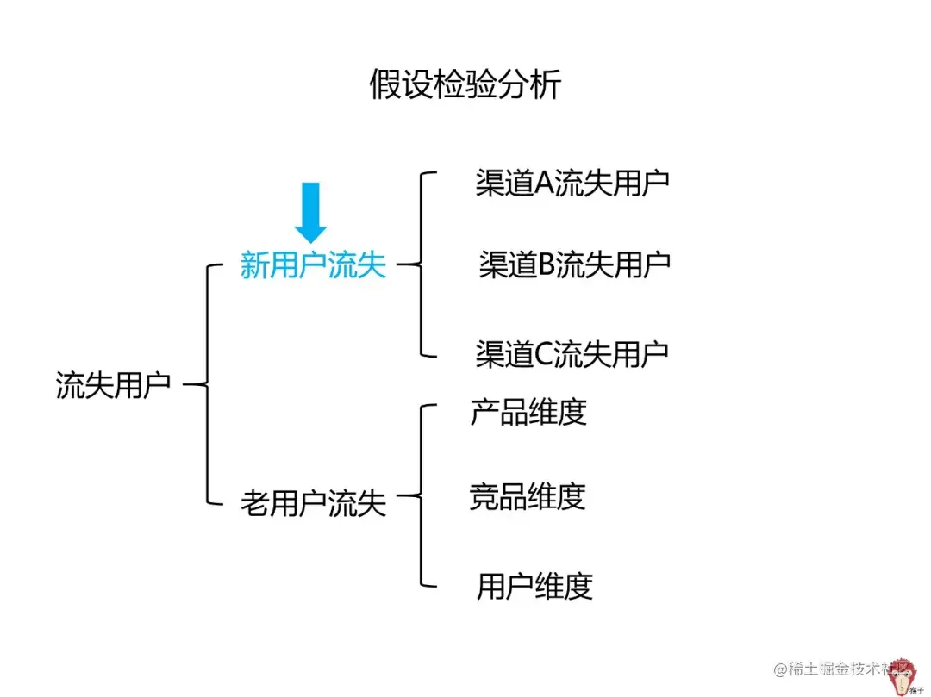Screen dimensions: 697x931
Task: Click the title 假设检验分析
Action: tap(465, 85)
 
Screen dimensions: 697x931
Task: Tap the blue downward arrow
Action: tap(310, 212)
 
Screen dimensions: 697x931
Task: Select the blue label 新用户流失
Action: tap(313, 266)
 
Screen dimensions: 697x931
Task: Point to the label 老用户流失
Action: tap(313, 502)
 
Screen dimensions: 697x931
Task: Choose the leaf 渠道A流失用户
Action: tap(572, 184)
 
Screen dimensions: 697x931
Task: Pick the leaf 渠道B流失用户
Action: tap(574, 265)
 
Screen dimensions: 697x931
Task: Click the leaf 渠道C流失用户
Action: tap(572, 354)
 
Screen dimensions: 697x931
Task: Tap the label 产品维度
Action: tap(528, 412)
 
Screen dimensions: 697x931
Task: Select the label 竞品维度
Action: tap(528, 496)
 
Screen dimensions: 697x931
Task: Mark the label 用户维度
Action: tap(534, 587)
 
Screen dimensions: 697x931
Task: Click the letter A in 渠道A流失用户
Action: tap(546, 184)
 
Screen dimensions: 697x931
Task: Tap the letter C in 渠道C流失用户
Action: tap(546, 354)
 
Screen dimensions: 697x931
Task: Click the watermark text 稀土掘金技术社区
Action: tap(840, 669)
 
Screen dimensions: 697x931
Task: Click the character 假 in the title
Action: tap(385, 85)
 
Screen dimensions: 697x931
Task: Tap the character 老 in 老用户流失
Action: tap(254, 502)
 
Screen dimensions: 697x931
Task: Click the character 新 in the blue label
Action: tap(254, 266)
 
